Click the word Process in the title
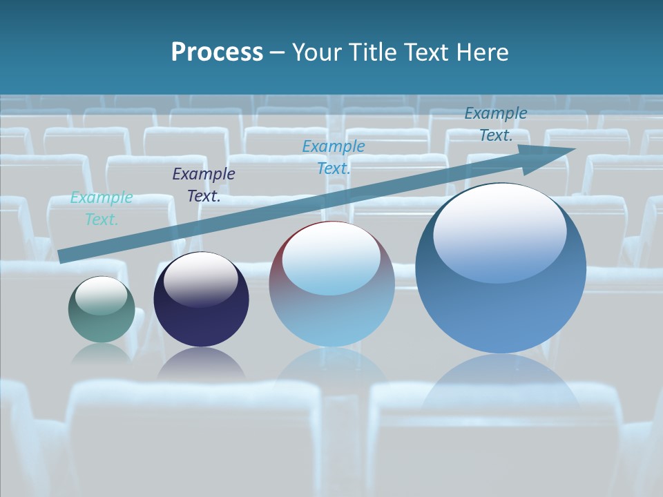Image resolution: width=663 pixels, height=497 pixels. [217, 52]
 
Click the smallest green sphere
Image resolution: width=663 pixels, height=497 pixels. [102, 310]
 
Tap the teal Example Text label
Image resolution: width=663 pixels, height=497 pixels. [102, 208]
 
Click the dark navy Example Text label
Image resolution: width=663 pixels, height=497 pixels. [204, 185]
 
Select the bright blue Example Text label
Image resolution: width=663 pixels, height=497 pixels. [334, 157]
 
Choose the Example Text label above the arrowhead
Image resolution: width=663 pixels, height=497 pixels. [496, 124]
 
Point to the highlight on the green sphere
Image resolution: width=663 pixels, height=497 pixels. [102, 295]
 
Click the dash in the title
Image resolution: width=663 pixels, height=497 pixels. [278, 52]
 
